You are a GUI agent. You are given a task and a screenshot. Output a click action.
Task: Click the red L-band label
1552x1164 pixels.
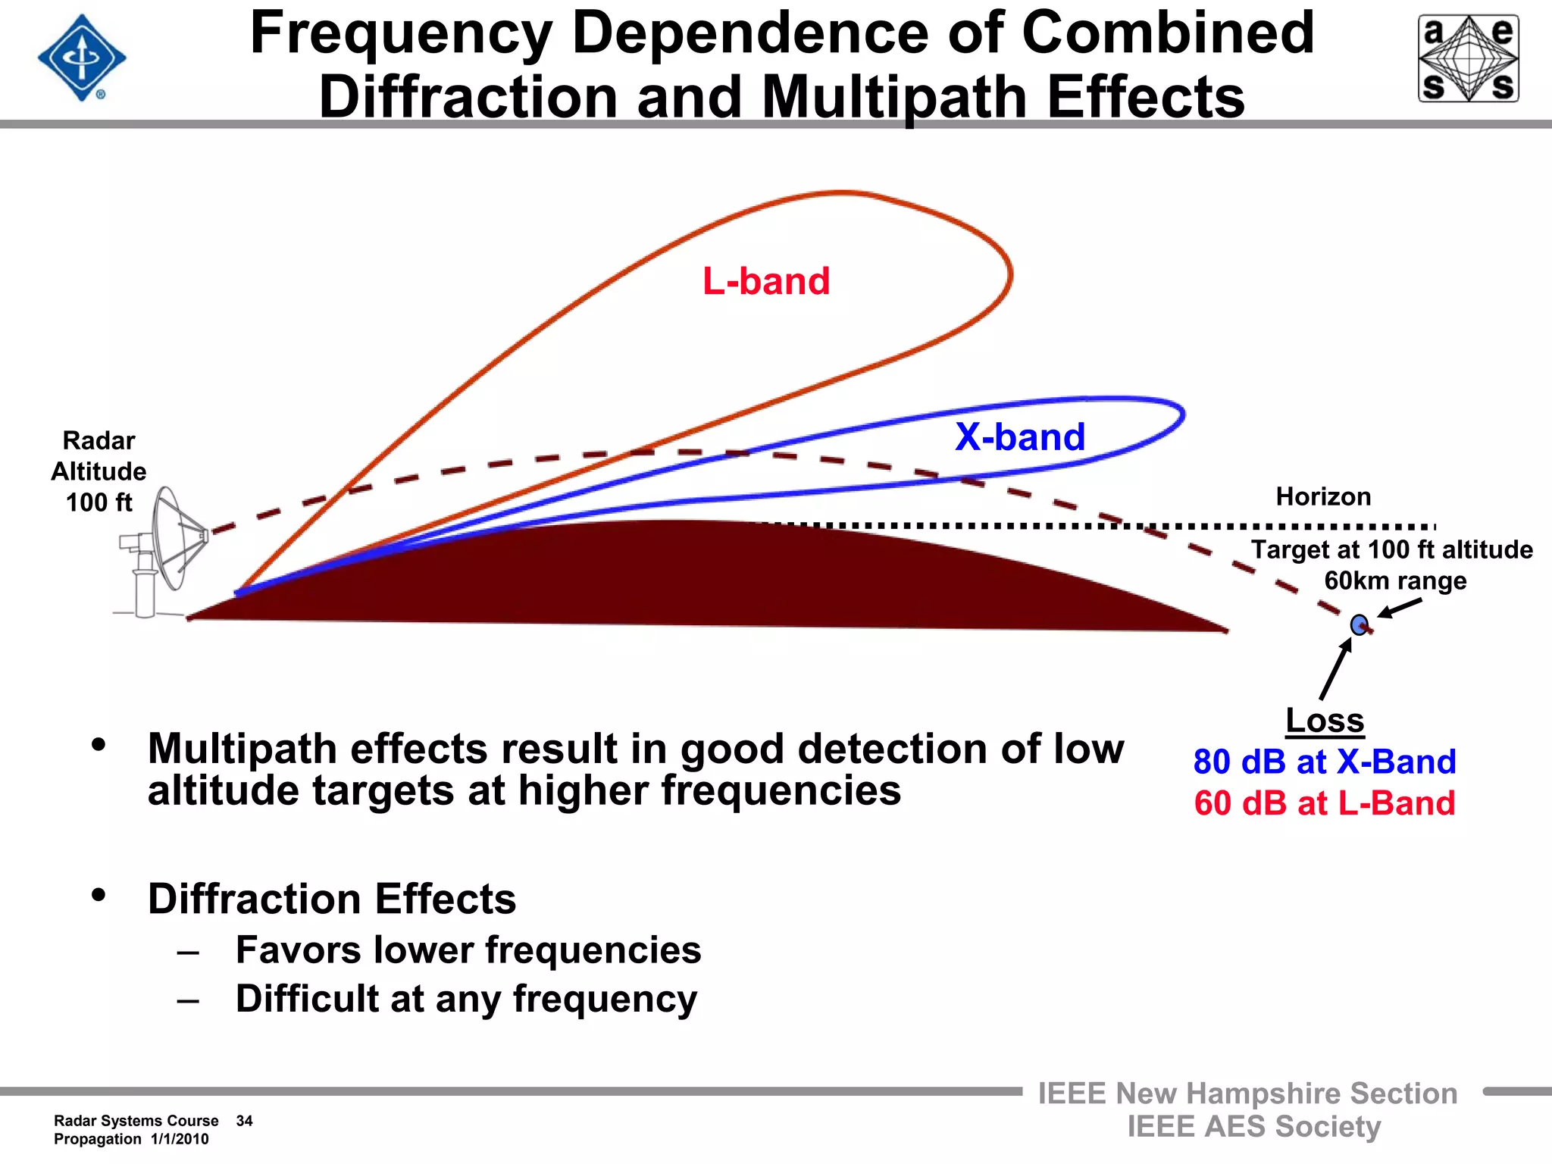(766, 281)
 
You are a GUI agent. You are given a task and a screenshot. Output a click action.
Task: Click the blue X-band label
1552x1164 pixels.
(1020, 437)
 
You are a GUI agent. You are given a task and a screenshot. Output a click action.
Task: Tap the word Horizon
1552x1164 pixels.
(1323, 496)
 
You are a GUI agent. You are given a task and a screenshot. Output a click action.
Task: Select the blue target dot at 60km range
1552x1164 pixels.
(1359, 625)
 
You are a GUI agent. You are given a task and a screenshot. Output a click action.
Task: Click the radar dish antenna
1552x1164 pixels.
(171, 539)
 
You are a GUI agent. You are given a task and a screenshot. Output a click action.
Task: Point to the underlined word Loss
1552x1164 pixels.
(1325, 720)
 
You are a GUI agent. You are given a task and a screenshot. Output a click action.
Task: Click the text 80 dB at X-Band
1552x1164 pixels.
(1325, 762)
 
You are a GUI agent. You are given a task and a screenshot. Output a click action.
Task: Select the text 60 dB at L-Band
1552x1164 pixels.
(1325, 803)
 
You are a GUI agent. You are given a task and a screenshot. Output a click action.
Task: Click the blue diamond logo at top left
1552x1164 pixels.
(82, 58)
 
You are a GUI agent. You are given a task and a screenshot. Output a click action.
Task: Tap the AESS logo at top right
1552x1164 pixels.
(1468, 58)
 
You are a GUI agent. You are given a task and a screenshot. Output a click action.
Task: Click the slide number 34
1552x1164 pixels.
(244, 1121)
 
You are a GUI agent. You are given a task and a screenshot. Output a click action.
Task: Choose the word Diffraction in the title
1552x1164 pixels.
(468, 97)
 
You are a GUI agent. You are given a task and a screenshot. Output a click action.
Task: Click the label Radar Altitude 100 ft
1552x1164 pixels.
(99, 471)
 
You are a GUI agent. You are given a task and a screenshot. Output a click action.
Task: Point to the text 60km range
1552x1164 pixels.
(1395, 581)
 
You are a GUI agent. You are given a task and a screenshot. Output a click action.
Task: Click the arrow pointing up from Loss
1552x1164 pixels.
(1336, 668)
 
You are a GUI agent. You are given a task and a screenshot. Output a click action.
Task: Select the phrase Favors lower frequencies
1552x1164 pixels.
(468, 950)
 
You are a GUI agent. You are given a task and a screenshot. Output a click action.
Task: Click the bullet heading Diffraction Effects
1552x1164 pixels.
(332, 900)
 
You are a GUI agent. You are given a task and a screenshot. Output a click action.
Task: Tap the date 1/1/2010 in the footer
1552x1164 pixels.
(180, 1139)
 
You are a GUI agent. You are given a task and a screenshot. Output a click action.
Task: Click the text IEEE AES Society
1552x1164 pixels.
(1253, 1127)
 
